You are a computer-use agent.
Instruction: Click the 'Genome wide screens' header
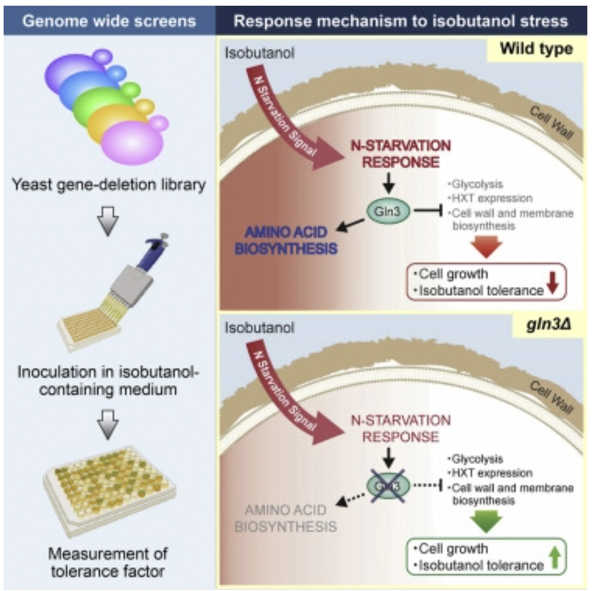[x=109, y=21]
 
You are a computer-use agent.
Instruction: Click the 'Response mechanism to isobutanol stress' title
[x=401, y=21]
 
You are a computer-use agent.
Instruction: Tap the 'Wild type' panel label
[x=536, y=49]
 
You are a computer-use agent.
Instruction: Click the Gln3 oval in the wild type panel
[x=388, y=212]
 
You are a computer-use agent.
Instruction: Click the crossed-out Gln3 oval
[x=388, y=486]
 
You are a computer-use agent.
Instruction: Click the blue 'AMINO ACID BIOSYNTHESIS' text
[x=286, y=240]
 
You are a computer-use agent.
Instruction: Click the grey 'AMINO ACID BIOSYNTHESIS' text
[x=285, y=518]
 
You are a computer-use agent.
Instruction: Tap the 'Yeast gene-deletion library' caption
[x=109, y=185]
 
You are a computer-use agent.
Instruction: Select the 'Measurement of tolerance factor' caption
[x=108, y=562]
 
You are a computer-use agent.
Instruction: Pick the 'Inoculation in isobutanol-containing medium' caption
[x=108, y=380]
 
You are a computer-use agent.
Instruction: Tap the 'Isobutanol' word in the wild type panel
[x=259, y=52]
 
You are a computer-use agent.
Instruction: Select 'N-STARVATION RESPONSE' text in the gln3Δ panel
[x=401, y=428]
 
